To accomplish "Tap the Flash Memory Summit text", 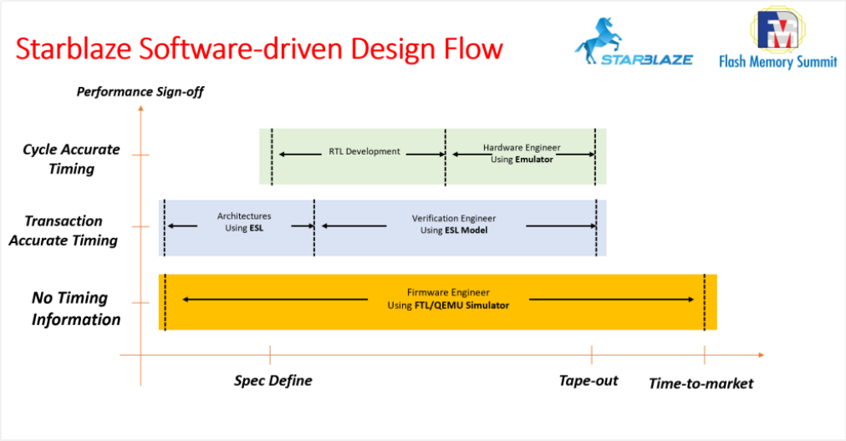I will tap(777, 62).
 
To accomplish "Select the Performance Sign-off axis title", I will tap(140, 92).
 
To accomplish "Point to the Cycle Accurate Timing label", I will tap(71, 159).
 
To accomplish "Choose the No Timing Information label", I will tap(75, 308).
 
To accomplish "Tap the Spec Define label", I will tap(273, 381).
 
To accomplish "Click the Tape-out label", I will tap(589, 381).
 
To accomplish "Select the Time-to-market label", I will tap(701, 383).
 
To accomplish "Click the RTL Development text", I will tap(364, 152).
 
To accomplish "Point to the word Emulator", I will tap(534, 160).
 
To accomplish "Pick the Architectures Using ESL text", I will tap(244, 222).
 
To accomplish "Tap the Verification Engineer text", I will tap(449, 218).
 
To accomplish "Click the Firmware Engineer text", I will tap(448, 293).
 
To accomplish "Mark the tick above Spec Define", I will tap(270, 355).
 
